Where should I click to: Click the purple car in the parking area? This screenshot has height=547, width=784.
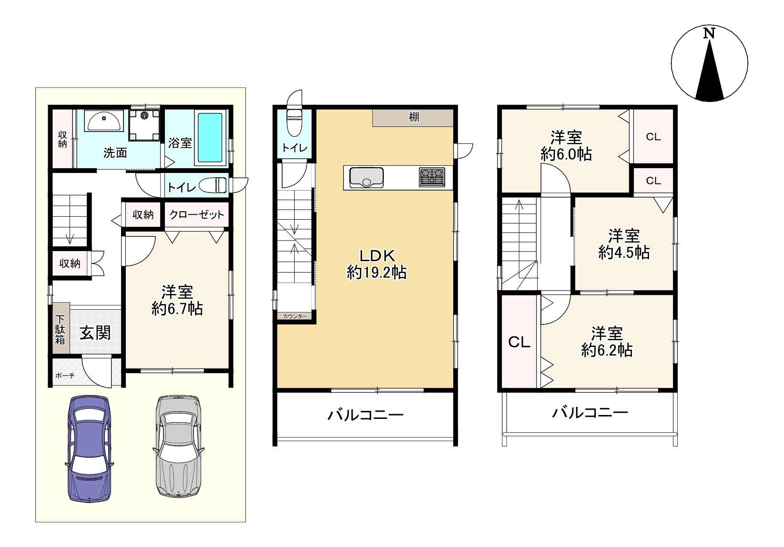[89, 448]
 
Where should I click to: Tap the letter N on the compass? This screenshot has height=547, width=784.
[709, 34]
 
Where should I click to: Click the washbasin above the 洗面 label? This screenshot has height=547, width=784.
[104, 121]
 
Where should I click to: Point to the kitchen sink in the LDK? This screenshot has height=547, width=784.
[366, 177]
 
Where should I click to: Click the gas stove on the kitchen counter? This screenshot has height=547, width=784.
[432, 177]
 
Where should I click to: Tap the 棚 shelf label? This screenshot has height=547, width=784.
[414, 117]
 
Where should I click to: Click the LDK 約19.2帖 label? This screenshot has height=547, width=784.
[377, 264]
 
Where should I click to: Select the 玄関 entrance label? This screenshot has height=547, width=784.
[95, 333]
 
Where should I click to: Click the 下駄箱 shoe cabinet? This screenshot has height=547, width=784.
[61, 328]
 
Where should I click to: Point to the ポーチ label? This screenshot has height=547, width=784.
[65, 375]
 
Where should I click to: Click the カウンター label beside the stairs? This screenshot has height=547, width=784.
[295, 316]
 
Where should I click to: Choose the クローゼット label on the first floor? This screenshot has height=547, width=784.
[196, 214]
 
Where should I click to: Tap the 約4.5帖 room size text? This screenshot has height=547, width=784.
[624, 253]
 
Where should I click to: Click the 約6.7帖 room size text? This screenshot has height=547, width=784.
[177, 309]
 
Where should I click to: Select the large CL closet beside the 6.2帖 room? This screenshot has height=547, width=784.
[519, 342]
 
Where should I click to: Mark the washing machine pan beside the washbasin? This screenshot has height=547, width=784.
[144, 125]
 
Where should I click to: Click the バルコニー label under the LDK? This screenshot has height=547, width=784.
[366, 415]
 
